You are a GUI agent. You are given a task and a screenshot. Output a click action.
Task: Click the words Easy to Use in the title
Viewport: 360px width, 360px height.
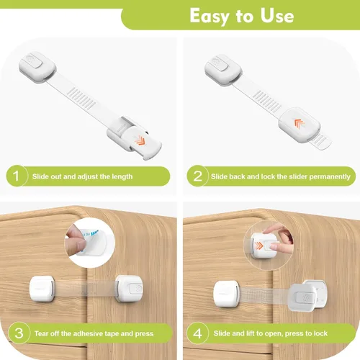[242, 16]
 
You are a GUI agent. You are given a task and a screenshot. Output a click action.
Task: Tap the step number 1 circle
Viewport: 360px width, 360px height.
[17, 176]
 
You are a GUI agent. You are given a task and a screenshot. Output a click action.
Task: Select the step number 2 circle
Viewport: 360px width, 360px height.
[197, 176]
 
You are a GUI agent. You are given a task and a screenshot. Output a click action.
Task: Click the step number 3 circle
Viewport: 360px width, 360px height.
[19, 333]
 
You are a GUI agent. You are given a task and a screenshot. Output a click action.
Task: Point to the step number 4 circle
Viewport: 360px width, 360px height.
[197, 333]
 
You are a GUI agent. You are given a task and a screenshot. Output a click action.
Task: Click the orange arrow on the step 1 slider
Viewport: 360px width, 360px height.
[139, 140]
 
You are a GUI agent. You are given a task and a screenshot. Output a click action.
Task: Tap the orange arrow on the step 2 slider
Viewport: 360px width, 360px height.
[300, 124]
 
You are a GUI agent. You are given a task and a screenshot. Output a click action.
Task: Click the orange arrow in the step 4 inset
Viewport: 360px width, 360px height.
[259, 246]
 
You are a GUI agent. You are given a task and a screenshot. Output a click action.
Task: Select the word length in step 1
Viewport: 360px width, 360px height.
[122, 176]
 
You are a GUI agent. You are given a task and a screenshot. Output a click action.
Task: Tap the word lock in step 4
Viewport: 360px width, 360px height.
[320, 333]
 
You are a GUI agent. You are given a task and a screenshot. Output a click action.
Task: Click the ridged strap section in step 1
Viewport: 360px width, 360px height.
[81, 99]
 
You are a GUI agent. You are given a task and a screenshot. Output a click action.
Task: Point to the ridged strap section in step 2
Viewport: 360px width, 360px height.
[267, 102]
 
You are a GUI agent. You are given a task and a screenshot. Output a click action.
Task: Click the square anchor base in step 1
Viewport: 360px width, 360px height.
[37, 67]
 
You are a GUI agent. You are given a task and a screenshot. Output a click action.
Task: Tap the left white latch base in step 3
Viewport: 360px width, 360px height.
[42, 289]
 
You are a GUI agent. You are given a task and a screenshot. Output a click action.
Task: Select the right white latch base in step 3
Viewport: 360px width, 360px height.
[129, 289]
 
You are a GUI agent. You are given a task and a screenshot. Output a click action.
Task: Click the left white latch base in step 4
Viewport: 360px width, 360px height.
[226, 294]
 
